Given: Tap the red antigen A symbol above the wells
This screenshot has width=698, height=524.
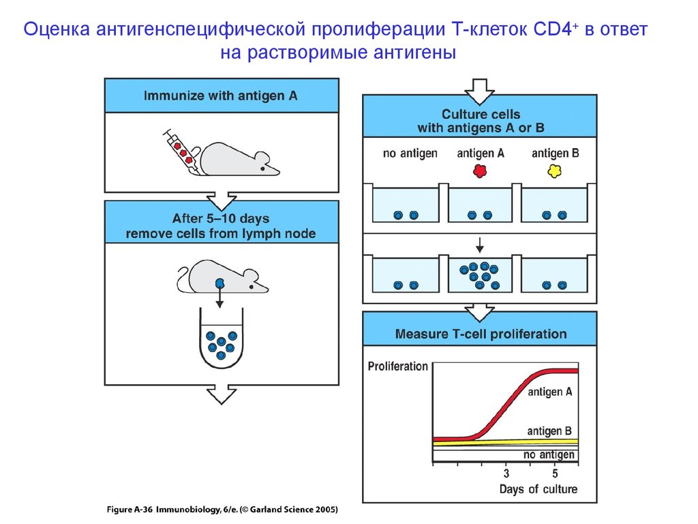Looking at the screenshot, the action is (x=480, y=171).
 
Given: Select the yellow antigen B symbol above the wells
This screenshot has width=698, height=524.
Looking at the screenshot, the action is (x=555, y=171).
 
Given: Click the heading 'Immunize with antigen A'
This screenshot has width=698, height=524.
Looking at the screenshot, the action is (x=220, y=96).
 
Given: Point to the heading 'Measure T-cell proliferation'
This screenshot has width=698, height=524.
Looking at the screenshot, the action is (x=481, y=334).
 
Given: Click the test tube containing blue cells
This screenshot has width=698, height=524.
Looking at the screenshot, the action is (x=222, y=338).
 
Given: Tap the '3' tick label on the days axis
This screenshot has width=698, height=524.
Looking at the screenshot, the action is (x=506, y=474).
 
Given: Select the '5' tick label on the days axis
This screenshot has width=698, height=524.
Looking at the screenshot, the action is (x=555, y=474).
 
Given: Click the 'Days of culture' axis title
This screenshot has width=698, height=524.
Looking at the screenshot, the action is (x=538, y=489).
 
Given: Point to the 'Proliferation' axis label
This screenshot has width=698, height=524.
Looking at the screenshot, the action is (x=397, y=366).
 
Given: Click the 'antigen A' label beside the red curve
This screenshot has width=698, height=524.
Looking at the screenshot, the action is (x=550, y=392).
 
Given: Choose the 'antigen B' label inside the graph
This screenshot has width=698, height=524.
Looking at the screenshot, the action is (x=549, y=431).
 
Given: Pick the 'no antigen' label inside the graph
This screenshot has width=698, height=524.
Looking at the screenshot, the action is (x=549, y=454).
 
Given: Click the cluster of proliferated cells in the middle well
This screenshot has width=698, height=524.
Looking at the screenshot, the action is (x=479, y=275).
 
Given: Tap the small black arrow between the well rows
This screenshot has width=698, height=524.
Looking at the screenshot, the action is (x=479, y=245).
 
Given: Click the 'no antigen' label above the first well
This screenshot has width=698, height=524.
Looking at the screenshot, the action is (x=410, y=154).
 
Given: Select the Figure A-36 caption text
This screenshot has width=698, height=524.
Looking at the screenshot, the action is (x=222, y=509).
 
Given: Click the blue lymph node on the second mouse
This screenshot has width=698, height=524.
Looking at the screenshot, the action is (x=220, y=283).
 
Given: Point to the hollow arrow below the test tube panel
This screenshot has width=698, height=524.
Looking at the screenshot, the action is (x=222, y=394).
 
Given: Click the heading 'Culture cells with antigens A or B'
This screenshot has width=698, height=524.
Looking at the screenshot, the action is (x=481, y=121).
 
